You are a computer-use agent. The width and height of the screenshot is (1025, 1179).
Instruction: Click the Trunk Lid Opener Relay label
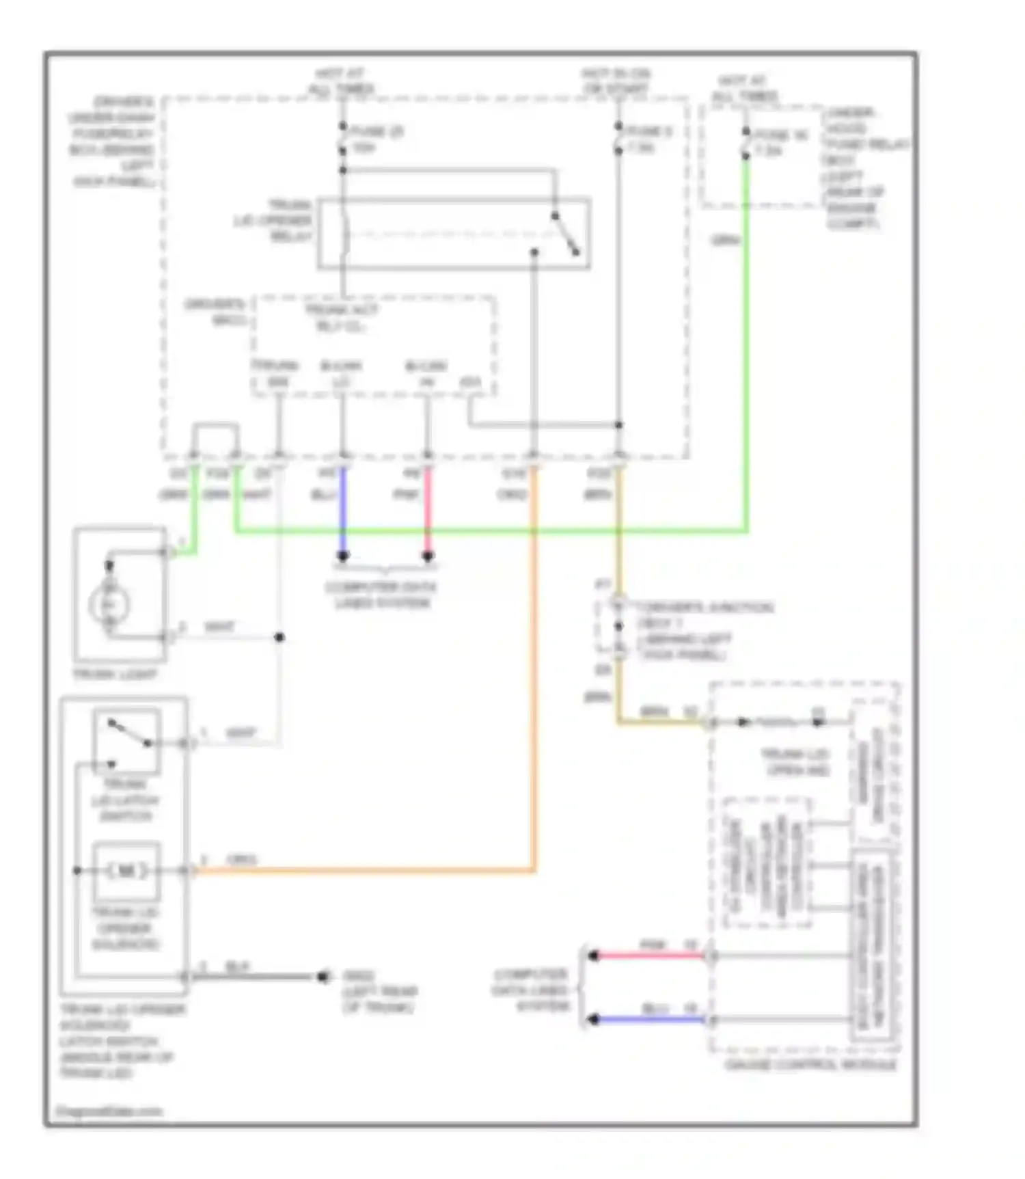click(273, 221)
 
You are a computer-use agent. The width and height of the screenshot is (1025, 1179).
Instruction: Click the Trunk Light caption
click(115, 675)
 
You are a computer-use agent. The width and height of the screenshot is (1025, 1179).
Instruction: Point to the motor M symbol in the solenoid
click(126, 871)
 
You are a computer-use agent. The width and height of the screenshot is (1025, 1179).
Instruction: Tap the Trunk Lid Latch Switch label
click(125, 800)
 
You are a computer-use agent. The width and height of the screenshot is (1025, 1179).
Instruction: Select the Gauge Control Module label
click(810, 1065)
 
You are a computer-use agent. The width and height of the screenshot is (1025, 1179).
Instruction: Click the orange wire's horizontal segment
click(362, 871)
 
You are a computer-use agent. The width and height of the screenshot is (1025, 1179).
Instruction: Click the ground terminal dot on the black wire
click(323, 977)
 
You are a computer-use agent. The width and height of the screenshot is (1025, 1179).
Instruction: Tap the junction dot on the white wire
click(279, 638)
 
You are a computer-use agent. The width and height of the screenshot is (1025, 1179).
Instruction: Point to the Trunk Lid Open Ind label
click(795, 762)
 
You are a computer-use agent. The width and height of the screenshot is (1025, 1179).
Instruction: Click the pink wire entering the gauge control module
click(649, 956)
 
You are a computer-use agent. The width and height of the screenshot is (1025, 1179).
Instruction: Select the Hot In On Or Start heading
click(616, 81)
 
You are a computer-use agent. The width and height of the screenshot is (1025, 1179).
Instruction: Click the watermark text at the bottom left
click(109, 1111)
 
